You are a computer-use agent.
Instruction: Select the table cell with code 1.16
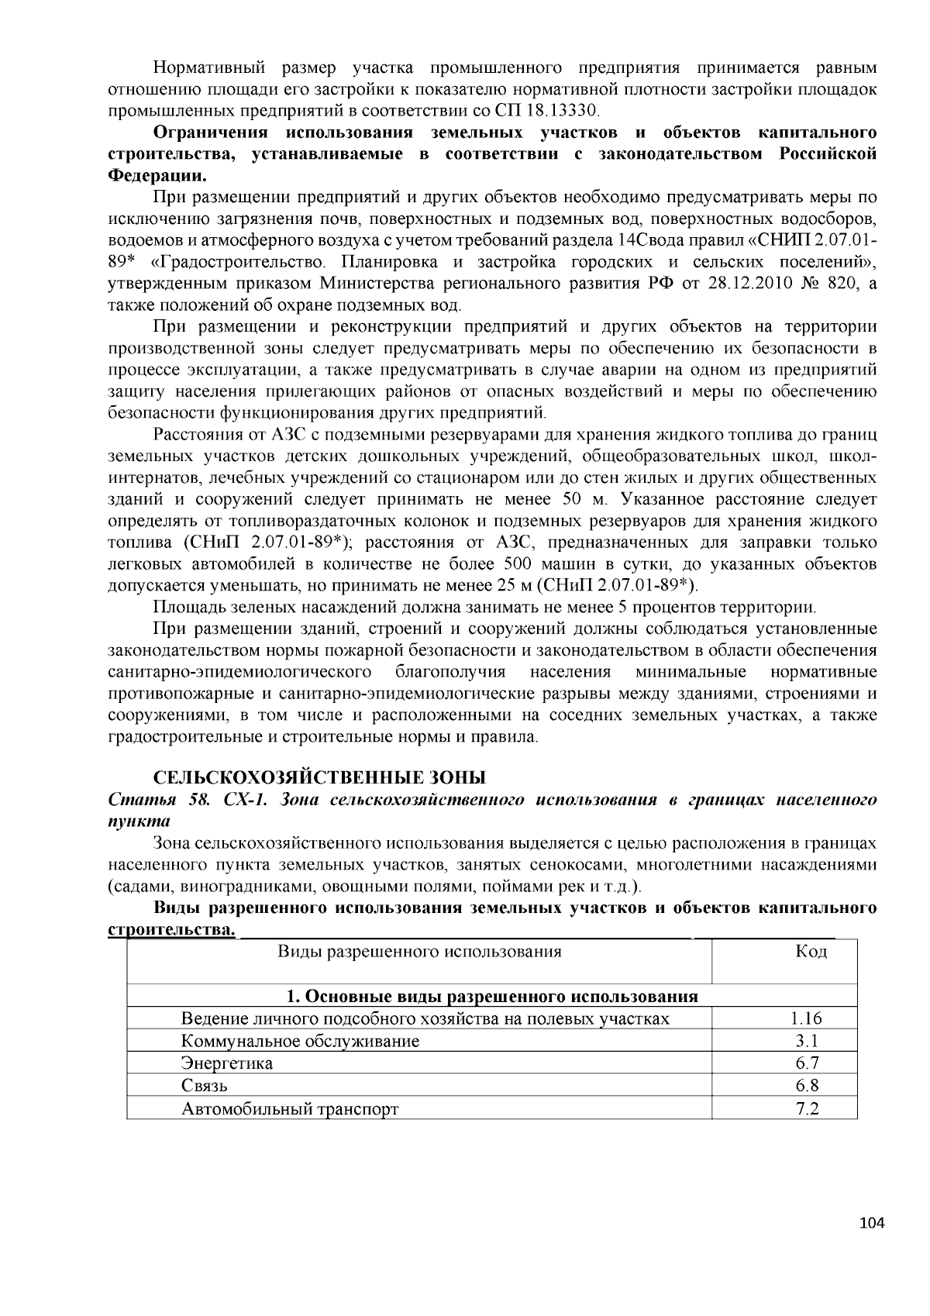[x=807, y=1018]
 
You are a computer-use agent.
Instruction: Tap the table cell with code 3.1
[x=807, y=1041]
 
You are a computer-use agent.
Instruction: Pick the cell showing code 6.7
[x=807, y=1063]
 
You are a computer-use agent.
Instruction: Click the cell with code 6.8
[x=807, y=1086]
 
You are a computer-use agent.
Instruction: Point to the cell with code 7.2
[x=807, y=1108]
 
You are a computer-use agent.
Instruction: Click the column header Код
[x=811, y=952]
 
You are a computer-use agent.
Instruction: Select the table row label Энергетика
[x=227, y=1063]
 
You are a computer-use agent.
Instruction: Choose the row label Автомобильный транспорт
[x=290, y=1108]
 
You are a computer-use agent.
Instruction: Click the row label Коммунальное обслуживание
[x=300, y=1041]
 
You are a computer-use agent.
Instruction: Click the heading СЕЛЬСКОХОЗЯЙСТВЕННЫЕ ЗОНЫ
[x=319, y=777]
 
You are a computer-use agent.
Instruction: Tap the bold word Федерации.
[x=152, y=174]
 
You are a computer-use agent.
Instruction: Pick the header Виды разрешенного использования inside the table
[x=419, y=952]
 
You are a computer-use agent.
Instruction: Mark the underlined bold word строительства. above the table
[x=171, y=928]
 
